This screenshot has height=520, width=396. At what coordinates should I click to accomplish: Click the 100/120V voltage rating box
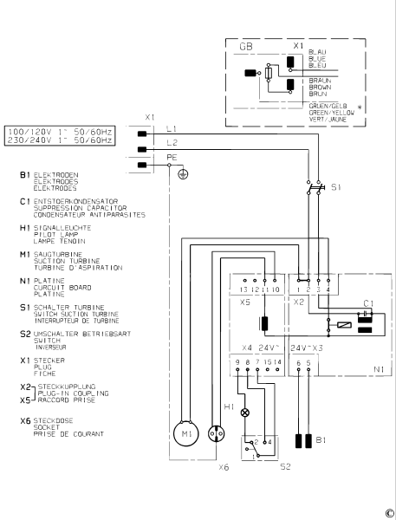point(59,130)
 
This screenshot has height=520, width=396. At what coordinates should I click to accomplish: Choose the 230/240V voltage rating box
point(59,140)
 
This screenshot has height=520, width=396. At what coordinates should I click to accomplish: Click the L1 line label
point(172,128)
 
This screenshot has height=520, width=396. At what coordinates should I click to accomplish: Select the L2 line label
point(172,140)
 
